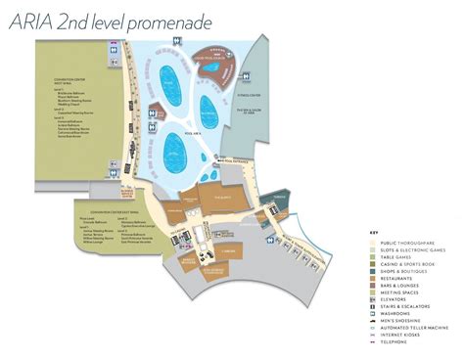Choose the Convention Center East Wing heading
[x=102, y=210]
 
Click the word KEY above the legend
[x=373, y=232]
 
